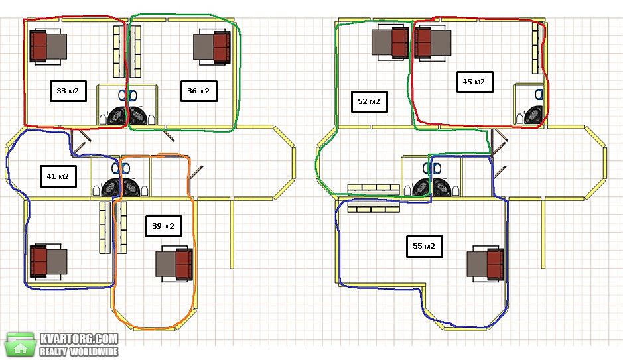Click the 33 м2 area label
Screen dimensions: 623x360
pyautogui.click(x=68, y=91)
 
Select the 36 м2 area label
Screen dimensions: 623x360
pyautogui.click(x=198, y=91)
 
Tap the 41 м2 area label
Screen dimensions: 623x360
pyautogui.click(x=58, y=176)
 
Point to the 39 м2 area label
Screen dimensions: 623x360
pyautogui.click(x=164, y=226)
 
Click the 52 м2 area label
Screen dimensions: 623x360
pyautogui.click(x=369, y=101)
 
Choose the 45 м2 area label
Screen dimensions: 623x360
pyautogui.click(x=474, y=82)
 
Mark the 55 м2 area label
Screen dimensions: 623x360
pyautogui.click(x=425, y=246)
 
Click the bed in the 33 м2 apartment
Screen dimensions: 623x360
pyautogui.click(x=48, y=46)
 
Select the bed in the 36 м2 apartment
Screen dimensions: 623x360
pyautogui.click(x=212, y=46)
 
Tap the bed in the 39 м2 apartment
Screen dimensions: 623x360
pyautogui.click(x=174, y=264)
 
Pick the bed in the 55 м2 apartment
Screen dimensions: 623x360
pyautogui.click(x=486, y=264)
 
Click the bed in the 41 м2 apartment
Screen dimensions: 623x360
pyautogui.click(x=48, y=262)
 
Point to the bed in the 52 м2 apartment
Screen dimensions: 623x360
pyautogui.click(x=390, y=42)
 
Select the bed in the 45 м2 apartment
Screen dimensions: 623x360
pyautogui.click(x=433, y=43)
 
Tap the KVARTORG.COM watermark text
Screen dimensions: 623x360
pyautogui.click(x=79, y=339)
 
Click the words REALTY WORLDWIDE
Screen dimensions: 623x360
pyautogui.click(x=79, y=351)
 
